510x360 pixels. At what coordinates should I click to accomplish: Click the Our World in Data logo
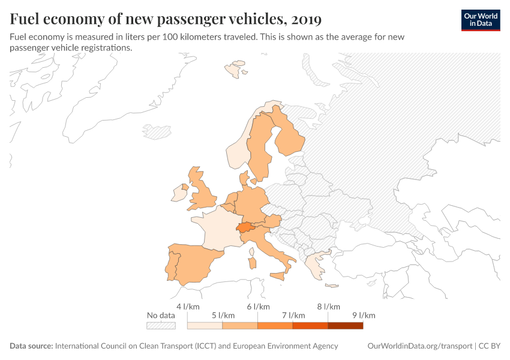[481, 20]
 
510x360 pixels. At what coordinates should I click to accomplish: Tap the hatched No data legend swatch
[161, 325]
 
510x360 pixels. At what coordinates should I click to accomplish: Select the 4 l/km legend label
[187, 307]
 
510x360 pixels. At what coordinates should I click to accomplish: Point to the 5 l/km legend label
[223, 316]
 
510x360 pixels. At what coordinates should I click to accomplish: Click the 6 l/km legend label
[258, 307]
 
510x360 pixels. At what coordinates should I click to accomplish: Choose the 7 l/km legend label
[293, 316]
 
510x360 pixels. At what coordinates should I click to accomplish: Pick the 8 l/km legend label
[329, 307]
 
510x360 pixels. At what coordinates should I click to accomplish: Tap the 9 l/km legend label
[364, 316]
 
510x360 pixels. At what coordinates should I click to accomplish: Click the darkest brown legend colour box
[346, 325]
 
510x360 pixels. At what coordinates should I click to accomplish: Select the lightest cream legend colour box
[205, 325]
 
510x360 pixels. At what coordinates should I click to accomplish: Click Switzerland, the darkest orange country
[244, 227]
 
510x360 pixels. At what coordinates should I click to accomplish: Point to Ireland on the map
[178, 193]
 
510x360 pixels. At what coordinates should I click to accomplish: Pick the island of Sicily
[278, 276]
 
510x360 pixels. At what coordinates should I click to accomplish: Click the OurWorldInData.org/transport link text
[419, 346]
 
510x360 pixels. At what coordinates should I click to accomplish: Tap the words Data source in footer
[31, 346]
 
